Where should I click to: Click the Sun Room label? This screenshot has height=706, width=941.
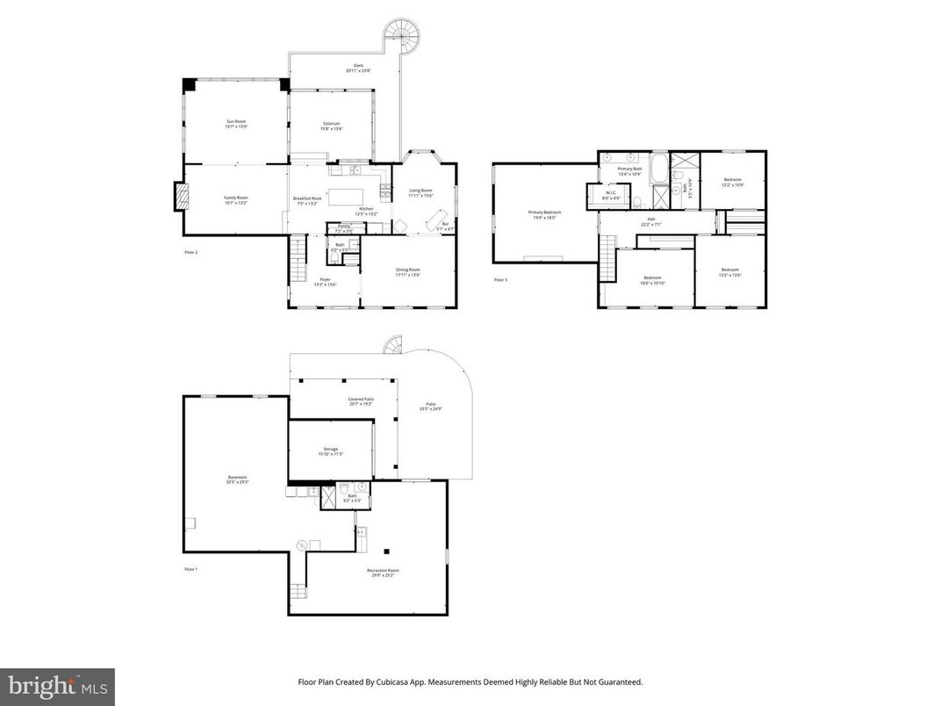click(x=236, y=122)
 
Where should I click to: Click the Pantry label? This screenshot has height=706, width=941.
click(x=344, y=227)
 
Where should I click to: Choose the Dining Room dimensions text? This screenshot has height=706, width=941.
click(x=408, y=275)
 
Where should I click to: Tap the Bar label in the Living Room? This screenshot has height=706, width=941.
click(x=445, y=223)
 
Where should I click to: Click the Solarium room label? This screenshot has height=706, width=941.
click(x=331, y=124)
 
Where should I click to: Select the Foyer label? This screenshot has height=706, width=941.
click(x=324, y=279)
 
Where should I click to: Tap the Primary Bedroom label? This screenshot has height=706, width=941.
click(x=544, y=212)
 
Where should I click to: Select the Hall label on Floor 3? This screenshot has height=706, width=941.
click(x=651, y=219)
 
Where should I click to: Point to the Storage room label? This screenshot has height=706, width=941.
click(x=330, y=449)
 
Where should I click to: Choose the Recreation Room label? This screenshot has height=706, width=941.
click(x=383, y=570)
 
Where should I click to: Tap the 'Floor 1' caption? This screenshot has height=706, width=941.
click(x=191, y=569)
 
